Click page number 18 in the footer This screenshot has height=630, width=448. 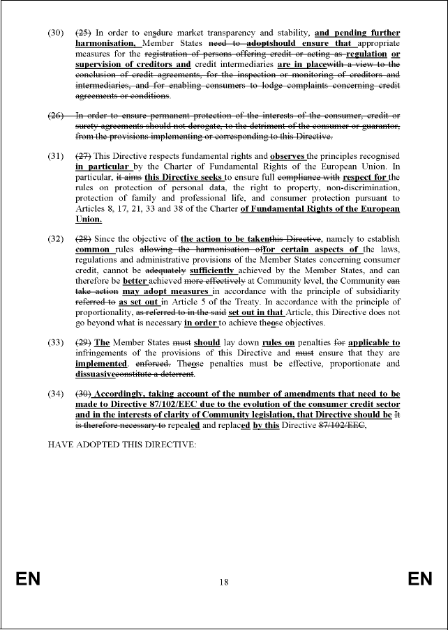[223, 582]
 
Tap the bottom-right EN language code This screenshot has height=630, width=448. [420, 580]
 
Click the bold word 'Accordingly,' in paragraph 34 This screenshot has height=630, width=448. [124, 394]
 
